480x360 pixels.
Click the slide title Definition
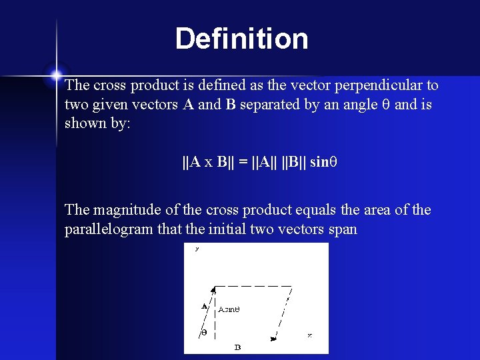point(241,39)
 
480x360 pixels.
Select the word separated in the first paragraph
point(269,105)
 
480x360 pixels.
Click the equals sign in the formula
point(245,162)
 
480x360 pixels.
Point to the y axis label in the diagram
point(197,249)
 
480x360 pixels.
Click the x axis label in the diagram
point(309,335)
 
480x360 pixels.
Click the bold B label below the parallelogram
point(237,347)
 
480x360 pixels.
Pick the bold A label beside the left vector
point(204,307)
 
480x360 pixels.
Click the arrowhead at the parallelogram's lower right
point(273,339)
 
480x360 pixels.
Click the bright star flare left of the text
point(56,75)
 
